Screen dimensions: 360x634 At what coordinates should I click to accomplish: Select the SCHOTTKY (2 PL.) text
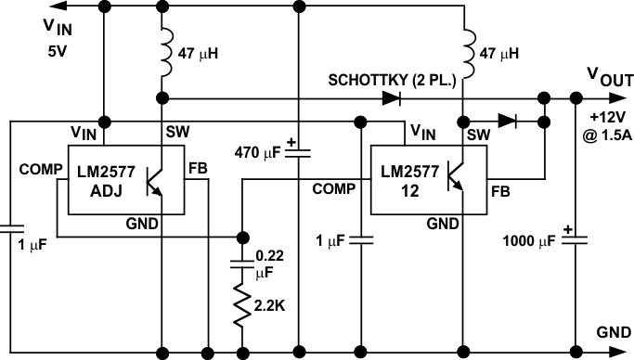pyautogui.click(x=391, y=80)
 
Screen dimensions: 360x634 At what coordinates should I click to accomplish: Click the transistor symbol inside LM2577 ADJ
pyautogui.click(x=156, y=181)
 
